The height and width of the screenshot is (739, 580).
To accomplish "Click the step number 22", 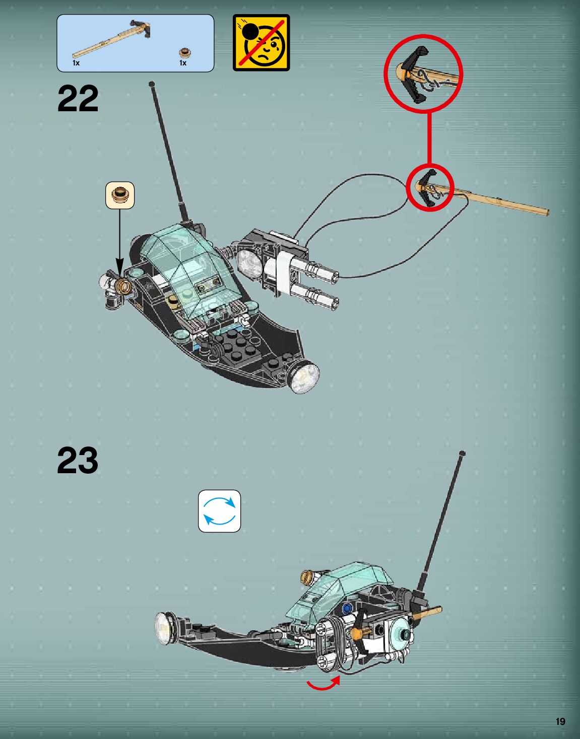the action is tap(78, 99).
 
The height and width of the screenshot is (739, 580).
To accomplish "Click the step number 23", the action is tap(78, 460).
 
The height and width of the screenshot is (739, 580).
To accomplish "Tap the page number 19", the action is tap(560, 721).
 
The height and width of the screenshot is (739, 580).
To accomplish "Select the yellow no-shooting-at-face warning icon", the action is tap(261, 43).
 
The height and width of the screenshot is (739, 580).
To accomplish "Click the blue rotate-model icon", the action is tap(219, 511).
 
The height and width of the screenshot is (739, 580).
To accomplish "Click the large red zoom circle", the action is tap(423, 73).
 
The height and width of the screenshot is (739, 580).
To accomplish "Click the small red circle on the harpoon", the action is tap(430, 187).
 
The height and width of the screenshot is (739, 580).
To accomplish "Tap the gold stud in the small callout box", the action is tap(120, 194).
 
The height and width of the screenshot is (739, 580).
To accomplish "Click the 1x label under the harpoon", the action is tap(76, 63).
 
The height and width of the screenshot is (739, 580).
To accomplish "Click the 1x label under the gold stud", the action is tap(183, 63).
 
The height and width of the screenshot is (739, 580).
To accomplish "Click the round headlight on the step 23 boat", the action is tap(163, 628).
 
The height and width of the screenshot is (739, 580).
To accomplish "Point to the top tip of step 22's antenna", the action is tap(151, 84).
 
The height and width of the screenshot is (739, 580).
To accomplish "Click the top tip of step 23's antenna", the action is tap(462, 454).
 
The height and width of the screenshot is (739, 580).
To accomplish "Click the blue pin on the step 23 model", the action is tap(347, 608).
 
